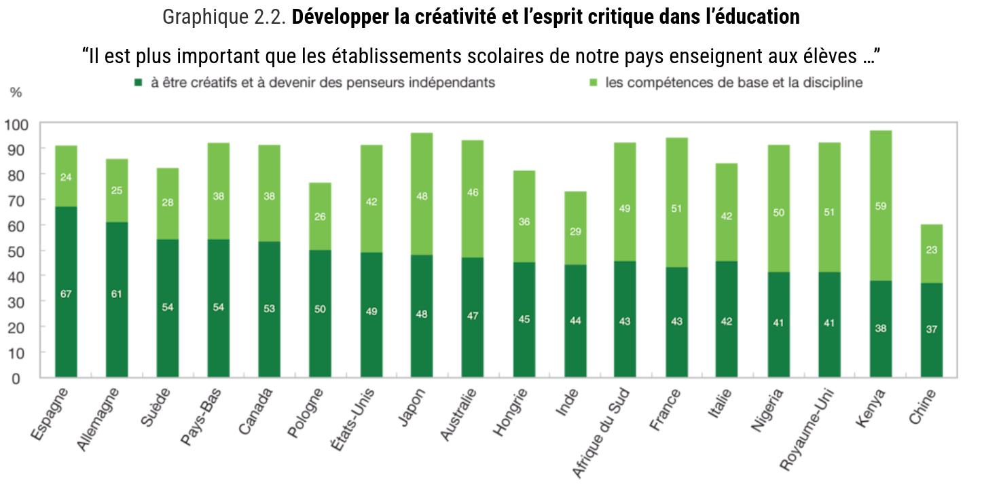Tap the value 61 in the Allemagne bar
coord(117,294)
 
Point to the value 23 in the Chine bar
coord(932,250)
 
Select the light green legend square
coord(592,83)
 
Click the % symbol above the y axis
coord(16,92)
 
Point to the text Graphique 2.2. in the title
coord(224,16)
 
